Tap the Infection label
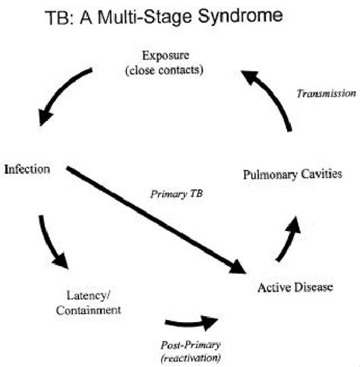[27, 168]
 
